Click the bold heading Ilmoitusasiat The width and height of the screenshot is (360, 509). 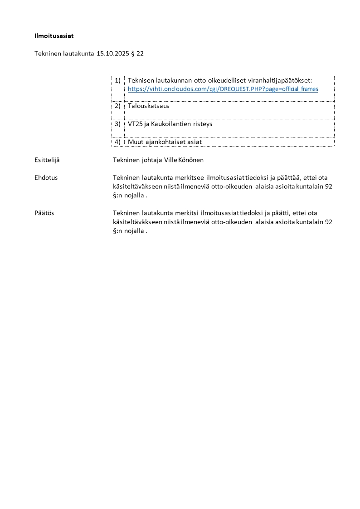(x=54, y=35)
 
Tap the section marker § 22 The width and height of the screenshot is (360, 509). (x=138, y=54)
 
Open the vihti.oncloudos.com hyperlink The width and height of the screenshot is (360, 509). (x=223, y=89)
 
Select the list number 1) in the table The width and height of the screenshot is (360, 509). (x=117, y=80)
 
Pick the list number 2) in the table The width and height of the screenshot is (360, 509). (x=117, y=106)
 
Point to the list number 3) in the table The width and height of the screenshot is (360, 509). (x=117, y=123)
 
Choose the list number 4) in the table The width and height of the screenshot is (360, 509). (x=117, y=142)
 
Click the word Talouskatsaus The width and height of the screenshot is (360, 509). (x=148, y=106)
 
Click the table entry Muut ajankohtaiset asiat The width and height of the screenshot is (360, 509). (x=165, y=142)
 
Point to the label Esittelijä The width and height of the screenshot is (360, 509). (x=47, y=160)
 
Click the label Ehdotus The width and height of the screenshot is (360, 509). (x=46, y=177)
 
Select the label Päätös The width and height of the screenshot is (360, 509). (x=44, y=213)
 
